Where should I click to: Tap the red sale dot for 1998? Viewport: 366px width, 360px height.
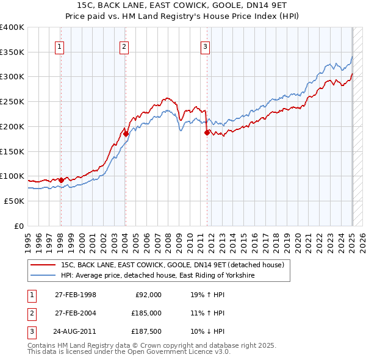click(61, 180)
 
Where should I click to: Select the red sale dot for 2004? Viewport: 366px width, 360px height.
click(125, 134)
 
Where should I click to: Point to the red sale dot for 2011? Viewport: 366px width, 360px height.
click(207, 132)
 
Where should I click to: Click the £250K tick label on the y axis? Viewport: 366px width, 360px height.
click(12, 102)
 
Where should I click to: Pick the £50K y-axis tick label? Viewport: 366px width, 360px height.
click(14, 201)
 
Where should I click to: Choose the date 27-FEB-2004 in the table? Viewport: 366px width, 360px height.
click(75, 313)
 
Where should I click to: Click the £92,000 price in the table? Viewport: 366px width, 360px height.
click(148, 295)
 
